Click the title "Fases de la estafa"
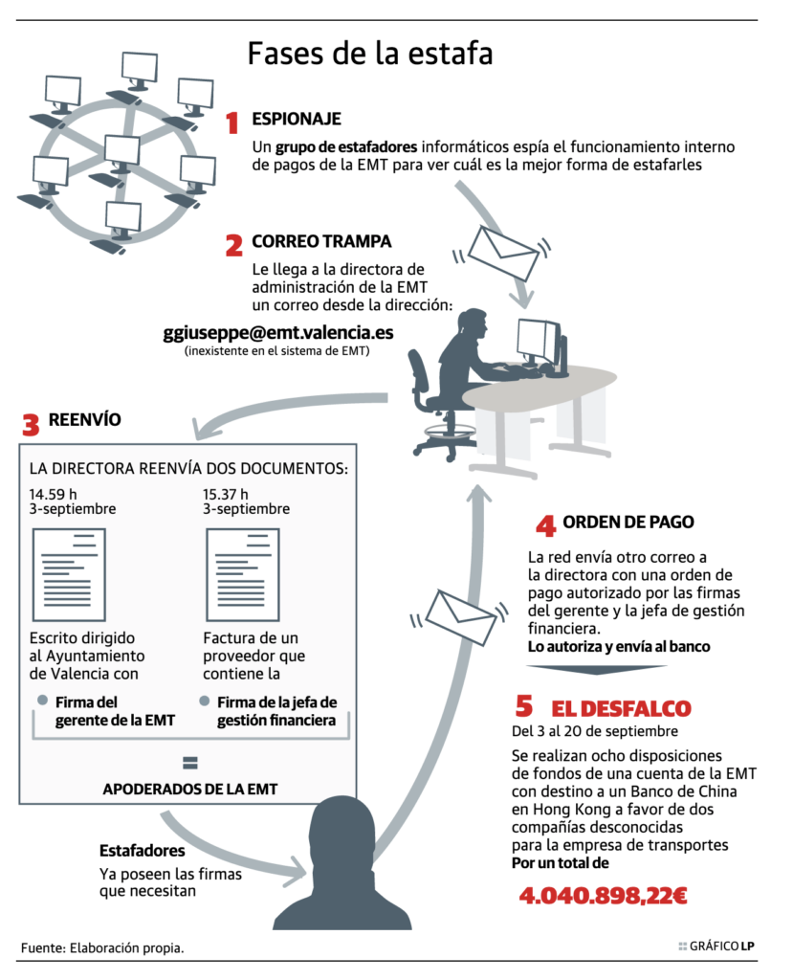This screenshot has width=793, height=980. pyautogui.click(x=370, y=54)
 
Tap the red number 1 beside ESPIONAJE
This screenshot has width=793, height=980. pyautogui.click(x=232, y=122)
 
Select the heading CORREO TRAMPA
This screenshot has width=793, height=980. pyautogui.click(x=321, y=241)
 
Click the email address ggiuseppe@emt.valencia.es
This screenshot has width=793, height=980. pyautogui.click(x=278, y=332)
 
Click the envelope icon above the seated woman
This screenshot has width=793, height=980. pyautogui.click(x=502, y=253)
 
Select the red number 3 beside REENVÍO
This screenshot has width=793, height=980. pyautogui.click(x=31, y=424)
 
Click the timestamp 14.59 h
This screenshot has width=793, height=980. pyautogui.click(x=54, y=495)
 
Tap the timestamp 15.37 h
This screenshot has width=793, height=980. pyautogui.click(x=226, y=495)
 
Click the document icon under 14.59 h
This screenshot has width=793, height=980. pyautogui.click(x=69, y=574)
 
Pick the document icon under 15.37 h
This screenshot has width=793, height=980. pyautogui.click(x=242, y=574)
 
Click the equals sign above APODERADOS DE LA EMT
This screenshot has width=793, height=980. pyautogui.click(x=190, y=763)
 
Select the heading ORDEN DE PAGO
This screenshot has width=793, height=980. pyautogui.click(x=628, y=522)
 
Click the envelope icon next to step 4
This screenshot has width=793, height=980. pyautogui.click(x=460, y=616)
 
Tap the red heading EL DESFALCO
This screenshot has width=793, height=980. pyautogui.click(x=621, y=709)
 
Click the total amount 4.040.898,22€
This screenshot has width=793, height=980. pyautogui.click(x=603, y=896)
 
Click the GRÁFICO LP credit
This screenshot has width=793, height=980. pyautogui.click(x=716, y=947)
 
